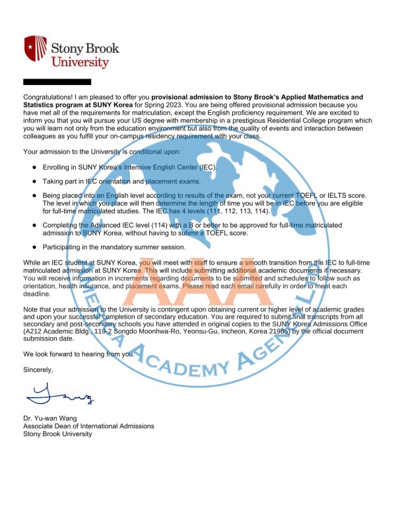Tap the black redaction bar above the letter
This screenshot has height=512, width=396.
[57, 82]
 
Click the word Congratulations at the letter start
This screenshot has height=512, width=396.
[50, 97]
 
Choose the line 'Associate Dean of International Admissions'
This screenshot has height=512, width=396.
[88, 426]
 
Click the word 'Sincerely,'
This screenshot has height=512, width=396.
[38, 369]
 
